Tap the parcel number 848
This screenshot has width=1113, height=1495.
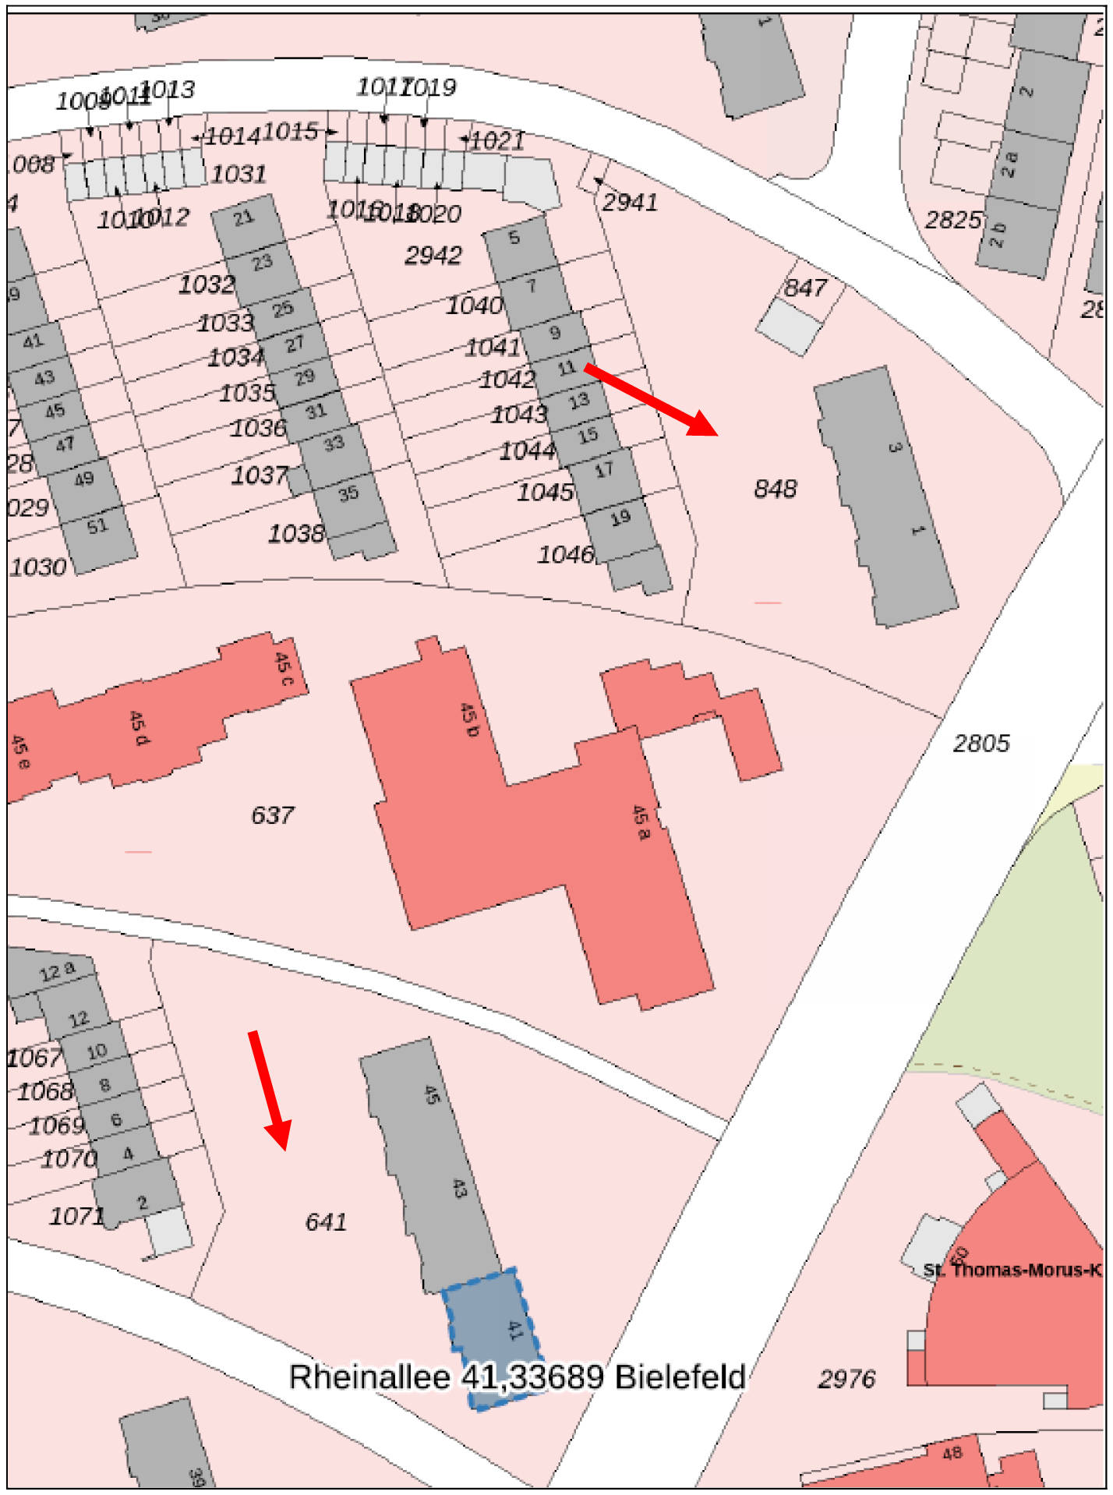click(x=775, y=489)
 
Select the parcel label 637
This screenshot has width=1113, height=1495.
click(x=272, y=815)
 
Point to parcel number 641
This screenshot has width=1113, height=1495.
click(x=325, y=1221)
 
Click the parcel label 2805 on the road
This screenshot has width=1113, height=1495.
click(x=980, y=743)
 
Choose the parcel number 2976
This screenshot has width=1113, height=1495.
click(x=846, y=1378)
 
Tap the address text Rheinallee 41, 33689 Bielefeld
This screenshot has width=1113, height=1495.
click(x=517, y=1377)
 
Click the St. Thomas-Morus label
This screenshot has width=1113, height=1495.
click(x=1012, y=1270)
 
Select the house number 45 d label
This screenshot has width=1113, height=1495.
click(x=138, y=727)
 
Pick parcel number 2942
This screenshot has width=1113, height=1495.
click(x=433, y=255)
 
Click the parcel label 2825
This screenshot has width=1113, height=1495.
click(x=952, y=220)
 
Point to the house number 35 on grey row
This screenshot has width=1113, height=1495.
click(x=348, y=493)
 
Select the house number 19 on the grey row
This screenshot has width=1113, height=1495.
click(x=620, y=518)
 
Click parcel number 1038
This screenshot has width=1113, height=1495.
click(x=295, y=533)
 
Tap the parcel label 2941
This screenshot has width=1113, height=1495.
click(x=630, y=202)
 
